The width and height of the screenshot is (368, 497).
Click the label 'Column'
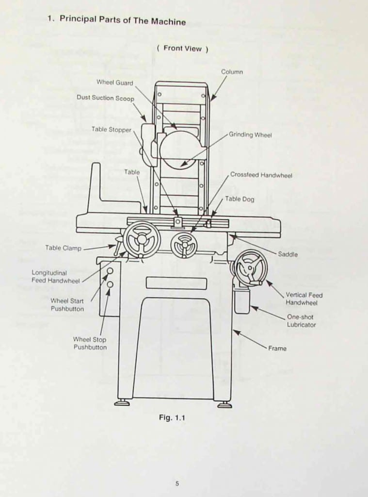[x=232, y=72]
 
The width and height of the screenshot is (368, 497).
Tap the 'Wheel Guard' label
[x=114, y=83]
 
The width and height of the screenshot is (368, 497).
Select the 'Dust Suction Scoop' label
[x=105, y=98]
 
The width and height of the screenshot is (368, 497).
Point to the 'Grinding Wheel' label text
[x=250, y=134]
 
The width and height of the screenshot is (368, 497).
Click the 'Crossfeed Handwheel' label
[x=261, y=175]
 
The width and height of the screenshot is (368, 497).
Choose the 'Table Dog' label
[x=239, y=199]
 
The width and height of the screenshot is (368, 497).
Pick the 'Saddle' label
[x=288, y=254]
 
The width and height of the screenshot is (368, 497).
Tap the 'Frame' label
[x=277, y=348]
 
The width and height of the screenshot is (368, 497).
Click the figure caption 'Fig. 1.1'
[x=172, y=417]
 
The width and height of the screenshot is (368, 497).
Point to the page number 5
[x=177, y=483]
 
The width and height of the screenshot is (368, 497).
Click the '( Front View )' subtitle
[x=182, y=49]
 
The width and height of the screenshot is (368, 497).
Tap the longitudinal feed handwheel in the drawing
[x=142, y=239]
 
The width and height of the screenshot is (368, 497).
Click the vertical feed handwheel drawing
[x=251, y=267]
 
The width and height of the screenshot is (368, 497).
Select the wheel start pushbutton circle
[x=110, y=271]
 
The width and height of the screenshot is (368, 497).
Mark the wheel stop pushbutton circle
[x=110, y=284]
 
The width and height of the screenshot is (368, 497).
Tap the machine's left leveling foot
[x=122, y=403]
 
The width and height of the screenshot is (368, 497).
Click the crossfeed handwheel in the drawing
[x=184, y=245]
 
